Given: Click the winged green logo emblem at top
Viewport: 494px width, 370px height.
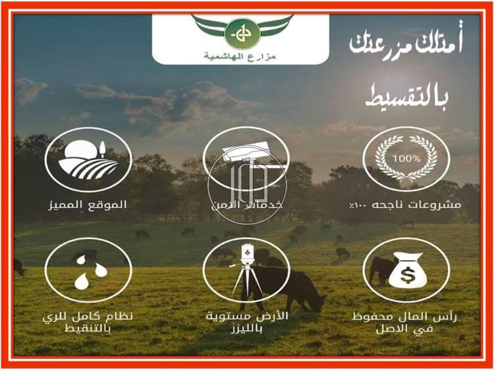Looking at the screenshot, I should (x=241, y=31).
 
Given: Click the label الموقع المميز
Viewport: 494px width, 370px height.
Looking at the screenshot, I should (x=88, y=205).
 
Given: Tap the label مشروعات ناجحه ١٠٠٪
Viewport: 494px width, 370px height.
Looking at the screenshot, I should (x=407, y=205).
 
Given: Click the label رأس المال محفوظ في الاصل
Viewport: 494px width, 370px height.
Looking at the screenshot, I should (x=406, y=322).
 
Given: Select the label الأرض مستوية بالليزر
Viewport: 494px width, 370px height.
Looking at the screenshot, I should (x=246, y=322).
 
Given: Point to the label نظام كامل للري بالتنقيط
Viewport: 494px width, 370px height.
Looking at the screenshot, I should (x=87, y=322).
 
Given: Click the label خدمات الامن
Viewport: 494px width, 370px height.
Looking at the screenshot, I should (x=245, y=205).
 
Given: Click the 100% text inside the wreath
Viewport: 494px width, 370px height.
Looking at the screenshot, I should (x=406, y=159).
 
